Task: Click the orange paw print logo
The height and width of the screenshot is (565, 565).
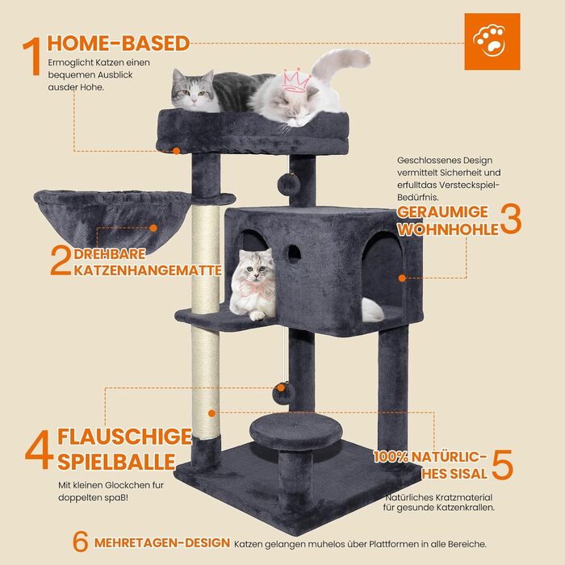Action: pyautogui.click(x=492, y=41)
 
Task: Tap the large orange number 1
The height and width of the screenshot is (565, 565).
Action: pyautogui.click(x=31, y=56)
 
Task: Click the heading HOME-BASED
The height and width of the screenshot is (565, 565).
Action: pyautogui.click(x=119, y=44)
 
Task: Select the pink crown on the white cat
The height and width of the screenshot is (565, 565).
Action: pyautogui.click(x=297, y=80)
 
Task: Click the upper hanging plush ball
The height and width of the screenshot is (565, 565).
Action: pyautogui.click(x=288, y=184)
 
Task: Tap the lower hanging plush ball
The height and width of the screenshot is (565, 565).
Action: pyautogui.click(x=282, y=394)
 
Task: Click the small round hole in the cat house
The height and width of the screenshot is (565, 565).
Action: pyautogui.click(x=294, y=252)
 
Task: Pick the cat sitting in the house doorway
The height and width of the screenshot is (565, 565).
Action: pyautogui.click(x=252, y=284)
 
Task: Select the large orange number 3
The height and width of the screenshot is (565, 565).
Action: pyautogui.click(x=511, y=219)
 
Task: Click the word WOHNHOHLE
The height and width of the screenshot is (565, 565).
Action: pyautogui.click(x=448, y=229)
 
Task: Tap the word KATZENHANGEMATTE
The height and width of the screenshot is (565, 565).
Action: pyautogui.click(x=148, y=270)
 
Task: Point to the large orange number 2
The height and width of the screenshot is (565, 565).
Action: pyautogui.click(x=61, y=261)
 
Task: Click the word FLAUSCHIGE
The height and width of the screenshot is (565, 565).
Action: pyautogui.click(x=124, y=437)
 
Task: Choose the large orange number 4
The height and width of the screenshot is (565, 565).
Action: pyautogui.click(x=39, y=450)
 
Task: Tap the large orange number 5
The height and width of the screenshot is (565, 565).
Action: pyautogui.click(x=502, y=464)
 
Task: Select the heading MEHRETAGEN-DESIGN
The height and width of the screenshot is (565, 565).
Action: pyautogui.click(x=162, y=542)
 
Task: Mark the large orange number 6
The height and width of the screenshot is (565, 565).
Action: pyautogui.click(x=81, y=542)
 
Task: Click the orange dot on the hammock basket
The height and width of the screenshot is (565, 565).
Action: pyautogui.click(x=153, y=228)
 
